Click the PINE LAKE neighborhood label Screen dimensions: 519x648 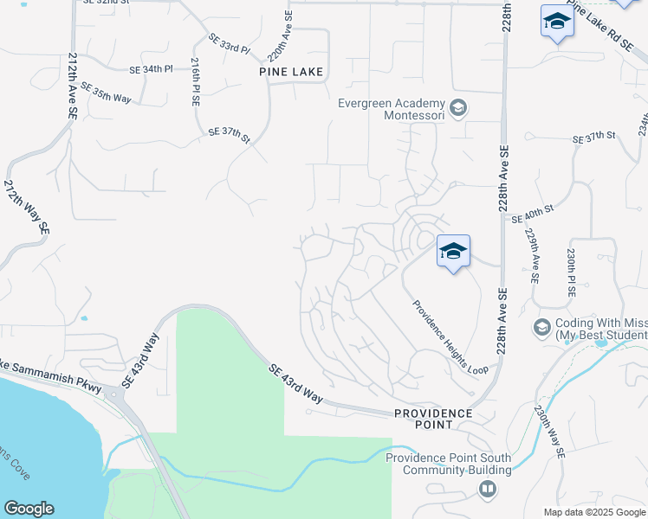tap(291, 72)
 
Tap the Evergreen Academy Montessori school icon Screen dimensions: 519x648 tap(458, 109)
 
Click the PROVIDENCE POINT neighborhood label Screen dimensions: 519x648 tap(433, 419)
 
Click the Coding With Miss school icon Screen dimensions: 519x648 tap(542, 327)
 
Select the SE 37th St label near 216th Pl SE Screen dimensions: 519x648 tap(229, 134)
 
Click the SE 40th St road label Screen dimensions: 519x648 tap(533, 219)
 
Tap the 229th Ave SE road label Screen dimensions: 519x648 tap(532, 256)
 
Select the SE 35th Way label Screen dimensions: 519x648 tap(106, 93)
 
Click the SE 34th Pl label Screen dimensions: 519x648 tap(152, 68)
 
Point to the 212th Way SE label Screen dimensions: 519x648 tap(27, 208)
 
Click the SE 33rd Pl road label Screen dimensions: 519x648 tap(229, 42)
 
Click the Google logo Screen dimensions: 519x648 tap(29, 508)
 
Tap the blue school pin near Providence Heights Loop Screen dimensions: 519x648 tap(453, 252)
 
